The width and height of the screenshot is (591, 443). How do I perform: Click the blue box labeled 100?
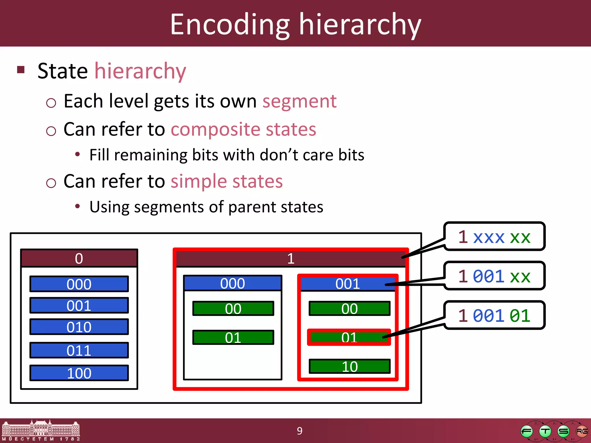pos(79,373)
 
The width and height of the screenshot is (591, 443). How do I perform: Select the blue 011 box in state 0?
pos(79,350)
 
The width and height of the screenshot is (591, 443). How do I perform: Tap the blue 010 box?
pos(79,327)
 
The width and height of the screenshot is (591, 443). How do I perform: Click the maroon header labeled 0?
pos(79,258)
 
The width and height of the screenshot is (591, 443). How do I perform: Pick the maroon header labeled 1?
pos(291,258)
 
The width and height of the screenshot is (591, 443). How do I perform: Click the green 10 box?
pos(349,366)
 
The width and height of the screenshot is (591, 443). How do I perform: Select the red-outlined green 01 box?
pos(349,337)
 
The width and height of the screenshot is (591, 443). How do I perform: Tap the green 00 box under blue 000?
pos(233,309)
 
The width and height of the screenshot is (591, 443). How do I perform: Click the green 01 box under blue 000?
pos(233,337)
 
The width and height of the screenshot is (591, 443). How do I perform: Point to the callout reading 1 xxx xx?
pos(494,237)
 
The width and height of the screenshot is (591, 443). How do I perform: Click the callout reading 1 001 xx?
pos(494,276)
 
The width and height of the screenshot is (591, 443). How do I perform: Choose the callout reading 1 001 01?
pos(494,315)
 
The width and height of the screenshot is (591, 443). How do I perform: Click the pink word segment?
pos(299,102)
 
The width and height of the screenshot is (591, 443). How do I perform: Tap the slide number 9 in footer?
pos(300,431)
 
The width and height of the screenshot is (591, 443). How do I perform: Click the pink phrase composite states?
pos(243,129)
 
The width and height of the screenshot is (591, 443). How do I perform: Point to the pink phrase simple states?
pos(227,181)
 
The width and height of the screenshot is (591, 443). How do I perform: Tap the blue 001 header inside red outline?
pos(347,284)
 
